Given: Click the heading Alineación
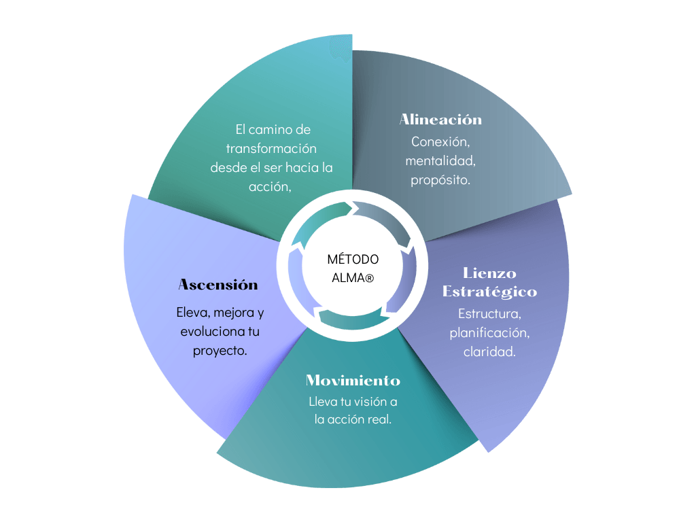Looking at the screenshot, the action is (440, 120).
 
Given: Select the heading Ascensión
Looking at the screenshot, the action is (218, 285).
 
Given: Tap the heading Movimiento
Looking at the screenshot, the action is (353, 381).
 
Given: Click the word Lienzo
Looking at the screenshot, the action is (489, 273).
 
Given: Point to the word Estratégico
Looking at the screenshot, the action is (489, 292).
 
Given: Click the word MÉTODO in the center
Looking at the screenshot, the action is (353, 259).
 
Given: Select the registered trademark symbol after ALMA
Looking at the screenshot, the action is (369, 279).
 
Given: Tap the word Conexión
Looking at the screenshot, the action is (440, 141).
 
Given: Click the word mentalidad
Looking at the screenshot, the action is (440, 160).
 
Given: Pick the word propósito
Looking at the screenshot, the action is (440, 180).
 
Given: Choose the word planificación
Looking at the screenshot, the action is (489, 333).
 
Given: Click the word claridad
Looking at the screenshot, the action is (489, 351).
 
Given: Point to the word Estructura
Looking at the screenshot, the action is (489, 314).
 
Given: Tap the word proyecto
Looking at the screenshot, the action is (220, 351).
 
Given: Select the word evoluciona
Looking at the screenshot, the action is (213, 332).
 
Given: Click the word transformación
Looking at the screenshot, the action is (271, 148).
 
